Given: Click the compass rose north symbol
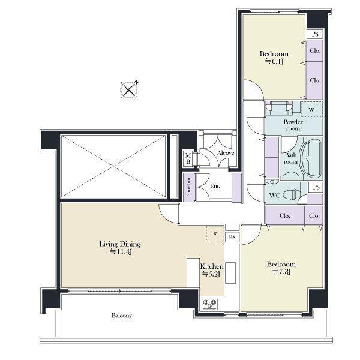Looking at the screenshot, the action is (130, 89).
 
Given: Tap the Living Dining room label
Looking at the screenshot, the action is (119, 247).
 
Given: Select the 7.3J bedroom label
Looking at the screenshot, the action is (281, 268).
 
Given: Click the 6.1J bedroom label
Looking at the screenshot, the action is (274, 58).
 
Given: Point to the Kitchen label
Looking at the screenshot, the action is (211, 270).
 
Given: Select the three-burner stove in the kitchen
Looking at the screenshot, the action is (209, 304).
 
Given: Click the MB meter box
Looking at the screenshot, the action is (188, 158).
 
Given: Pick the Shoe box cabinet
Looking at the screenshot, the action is (189, 188).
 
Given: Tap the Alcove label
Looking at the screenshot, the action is (226, 153).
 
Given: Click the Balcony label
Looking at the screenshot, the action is (122, 316).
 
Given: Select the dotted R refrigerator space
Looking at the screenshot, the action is (215, 233).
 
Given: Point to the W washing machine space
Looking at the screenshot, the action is (312, 109).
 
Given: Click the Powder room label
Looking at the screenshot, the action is (293, 125).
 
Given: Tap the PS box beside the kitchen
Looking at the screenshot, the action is (232, 237).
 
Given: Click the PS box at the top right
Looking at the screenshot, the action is (315, 34).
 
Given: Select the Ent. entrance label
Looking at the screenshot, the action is (215, 186).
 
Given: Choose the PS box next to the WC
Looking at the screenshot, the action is (316, 187).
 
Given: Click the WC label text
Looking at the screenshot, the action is (275, 196).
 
